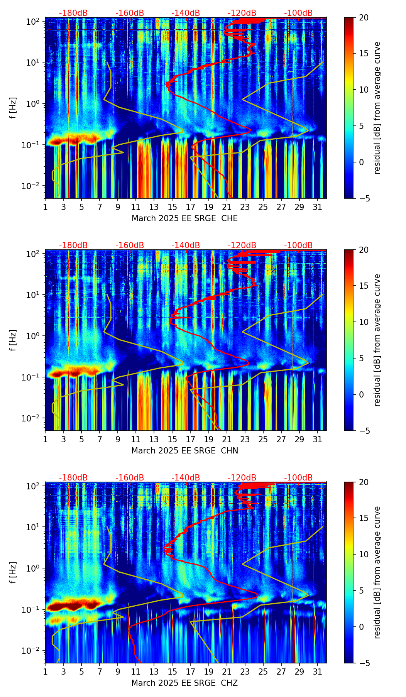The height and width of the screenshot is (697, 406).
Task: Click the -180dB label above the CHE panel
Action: [73, 13]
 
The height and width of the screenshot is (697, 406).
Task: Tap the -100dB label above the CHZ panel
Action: [298, 478]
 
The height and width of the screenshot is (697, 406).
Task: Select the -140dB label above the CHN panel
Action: [186, 245]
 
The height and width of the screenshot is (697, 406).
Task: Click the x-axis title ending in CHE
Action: [184, 218]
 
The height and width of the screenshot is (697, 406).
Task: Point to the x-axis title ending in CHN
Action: [184, 451]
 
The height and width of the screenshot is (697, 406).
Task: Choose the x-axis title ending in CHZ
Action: [184, 683]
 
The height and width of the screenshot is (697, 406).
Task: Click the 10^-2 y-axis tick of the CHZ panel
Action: [32, 651]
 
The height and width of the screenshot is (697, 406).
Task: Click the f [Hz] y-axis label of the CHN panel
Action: [13, 340]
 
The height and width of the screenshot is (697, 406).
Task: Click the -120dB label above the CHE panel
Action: [242, 13]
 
